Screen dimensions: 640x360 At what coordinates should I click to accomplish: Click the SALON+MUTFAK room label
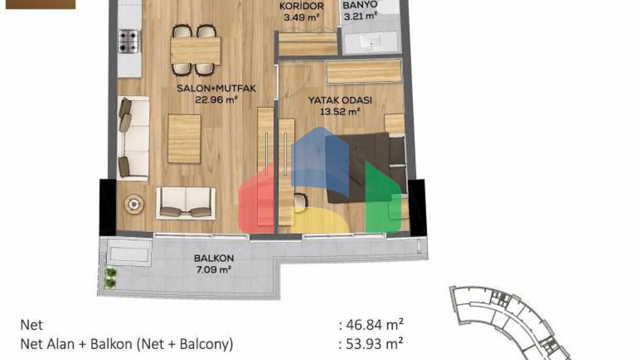click(x=216, y=88)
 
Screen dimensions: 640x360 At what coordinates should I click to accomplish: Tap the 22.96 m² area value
click(x=216, y=100)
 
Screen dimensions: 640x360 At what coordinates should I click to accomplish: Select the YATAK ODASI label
click(x=340, y=100)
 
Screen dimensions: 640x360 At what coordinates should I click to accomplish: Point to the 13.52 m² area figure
click(x=340, y=111)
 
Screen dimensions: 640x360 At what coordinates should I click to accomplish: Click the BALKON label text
click(x=214, y=258)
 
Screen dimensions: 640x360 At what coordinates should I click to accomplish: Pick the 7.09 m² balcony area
click(x=214, y=270)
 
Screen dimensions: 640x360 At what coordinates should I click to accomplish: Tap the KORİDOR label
click(x=301, y=6)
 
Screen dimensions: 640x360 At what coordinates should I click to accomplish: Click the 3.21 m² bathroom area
click(x=360, y=16)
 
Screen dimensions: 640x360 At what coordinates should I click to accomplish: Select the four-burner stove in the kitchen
click(x=129, y=41)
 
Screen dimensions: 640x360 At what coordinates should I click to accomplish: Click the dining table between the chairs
click(x=196, y=51)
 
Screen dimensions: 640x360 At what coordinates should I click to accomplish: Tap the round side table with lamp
click(x=134, y=204)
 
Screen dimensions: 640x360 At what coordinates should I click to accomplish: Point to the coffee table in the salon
click(x=184, y=139)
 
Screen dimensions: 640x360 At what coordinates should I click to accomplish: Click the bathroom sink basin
click(x=370, y=42)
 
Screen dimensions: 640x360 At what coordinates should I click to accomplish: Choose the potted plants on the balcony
click(x=110, y=278)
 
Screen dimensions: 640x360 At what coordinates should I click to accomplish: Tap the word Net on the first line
click(x=32, y=325)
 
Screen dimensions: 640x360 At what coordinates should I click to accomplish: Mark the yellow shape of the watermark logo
click(x=320, y=220)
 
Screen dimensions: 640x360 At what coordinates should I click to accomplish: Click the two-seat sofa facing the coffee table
click(x=186, y=203)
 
